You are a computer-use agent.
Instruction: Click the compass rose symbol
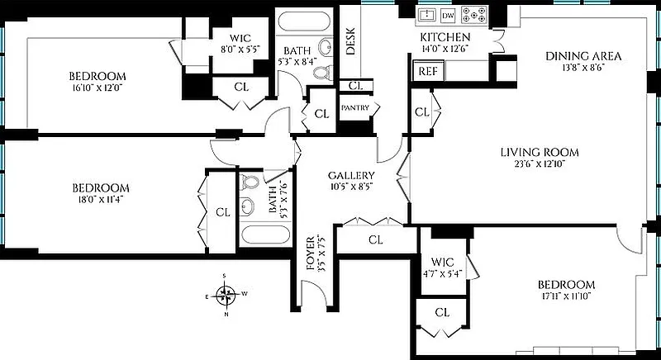point(226,294)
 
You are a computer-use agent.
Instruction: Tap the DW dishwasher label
point(449,15)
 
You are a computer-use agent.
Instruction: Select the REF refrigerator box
point(428,72)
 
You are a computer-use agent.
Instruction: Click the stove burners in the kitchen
point(476,15)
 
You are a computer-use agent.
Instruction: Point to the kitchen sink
point(426,15)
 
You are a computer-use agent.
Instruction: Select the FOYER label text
point(311,253)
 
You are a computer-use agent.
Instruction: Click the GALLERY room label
point(351,176)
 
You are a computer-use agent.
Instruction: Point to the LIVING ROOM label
point(540,152)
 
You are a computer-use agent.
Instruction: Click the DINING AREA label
point(583,56)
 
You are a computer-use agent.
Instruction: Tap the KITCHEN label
point(445,38)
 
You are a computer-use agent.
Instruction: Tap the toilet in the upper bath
point(322,73)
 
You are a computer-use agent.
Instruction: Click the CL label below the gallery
point(376,240)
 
